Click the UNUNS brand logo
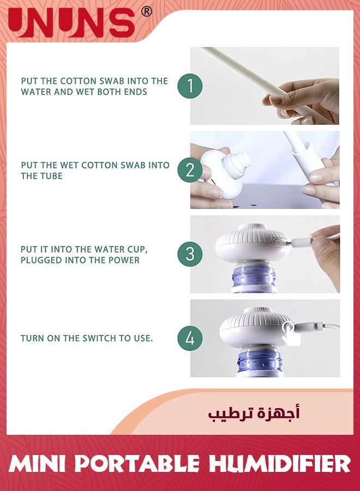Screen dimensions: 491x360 (x=71, y=23)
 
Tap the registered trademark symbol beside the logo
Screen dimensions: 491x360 (x=146, y=11)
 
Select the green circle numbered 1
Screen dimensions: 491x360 (x=190, y=86)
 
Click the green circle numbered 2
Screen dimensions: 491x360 (x=190, y=170)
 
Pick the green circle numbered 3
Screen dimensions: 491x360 (x=190, y=254)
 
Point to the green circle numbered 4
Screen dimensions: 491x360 (x=190, y=338)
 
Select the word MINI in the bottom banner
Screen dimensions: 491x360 (x=38, y=464)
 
